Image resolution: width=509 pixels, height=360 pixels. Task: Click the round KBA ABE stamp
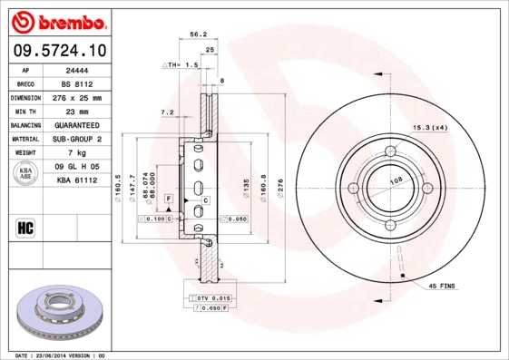tap(25, 174)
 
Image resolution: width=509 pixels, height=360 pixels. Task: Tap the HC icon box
tap(25, 228)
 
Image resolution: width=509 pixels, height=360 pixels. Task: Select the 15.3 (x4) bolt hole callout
tap(430, 127)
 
